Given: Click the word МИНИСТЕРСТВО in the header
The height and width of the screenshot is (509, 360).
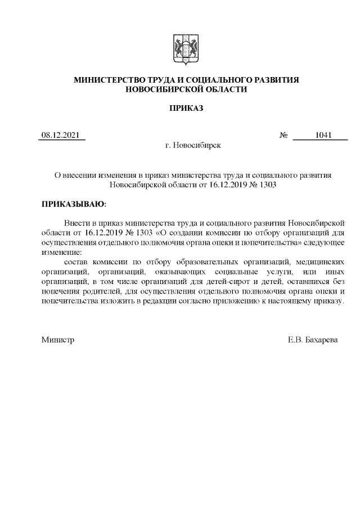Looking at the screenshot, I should (x=107, y=80).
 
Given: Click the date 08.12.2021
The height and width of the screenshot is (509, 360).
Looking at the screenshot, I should (x=61, y=135).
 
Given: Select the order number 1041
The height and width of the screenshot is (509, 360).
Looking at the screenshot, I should (x=323, y=135).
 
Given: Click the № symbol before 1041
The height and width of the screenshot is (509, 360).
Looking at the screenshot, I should (x=284, y=135).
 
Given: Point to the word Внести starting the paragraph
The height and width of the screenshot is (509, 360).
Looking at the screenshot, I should (x=76, y=223).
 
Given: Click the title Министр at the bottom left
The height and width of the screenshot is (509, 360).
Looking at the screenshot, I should (x=57, y=340).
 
